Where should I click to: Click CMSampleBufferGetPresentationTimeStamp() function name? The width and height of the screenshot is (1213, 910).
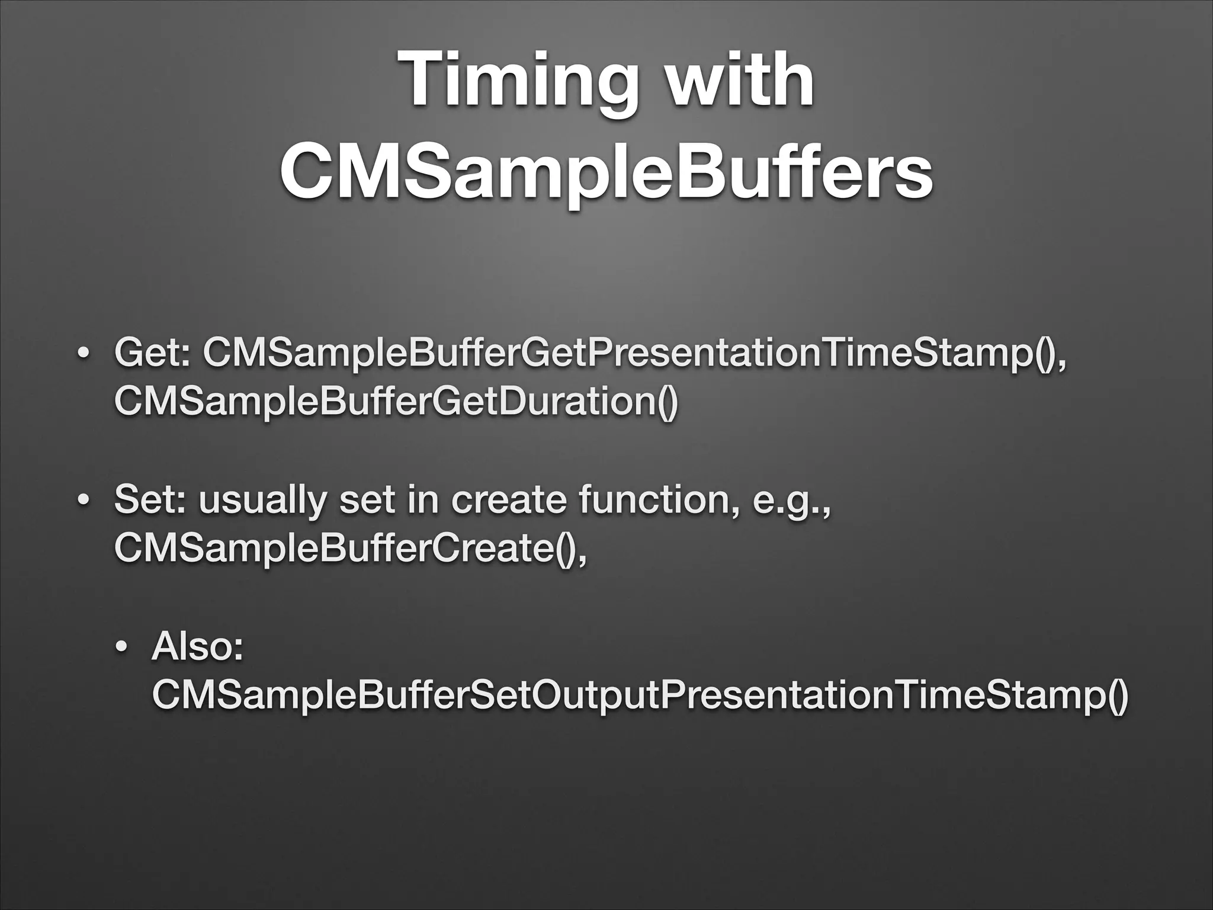[x=634, y=355]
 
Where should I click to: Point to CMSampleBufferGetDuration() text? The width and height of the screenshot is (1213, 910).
[x=395, y=401]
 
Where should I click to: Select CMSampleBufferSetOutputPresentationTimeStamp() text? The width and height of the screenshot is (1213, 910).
[x=640, y=695]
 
